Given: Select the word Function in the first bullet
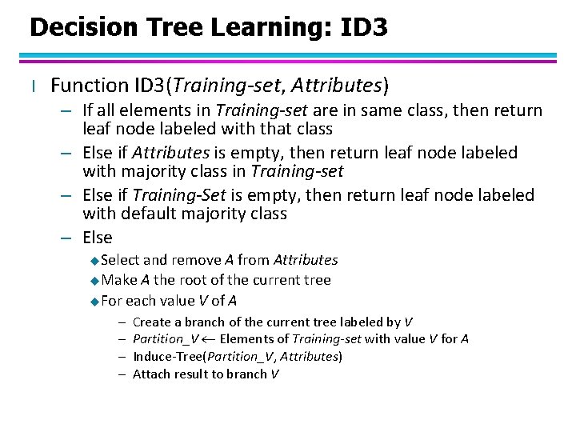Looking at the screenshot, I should (89, 85).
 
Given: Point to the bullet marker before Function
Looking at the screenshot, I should (33, 86).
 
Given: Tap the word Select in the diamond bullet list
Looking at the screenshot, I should (120, 260).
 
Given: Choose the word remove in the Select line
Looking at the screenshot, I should (194, 260).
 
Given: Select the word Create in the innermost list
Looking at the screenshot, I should (150, 322).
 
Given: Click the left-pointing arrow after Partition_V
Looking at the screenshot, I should (206, 339).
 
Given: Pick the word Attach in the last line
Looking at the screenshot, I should (150, 374).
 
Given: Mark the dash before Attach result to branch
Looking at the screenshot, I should (119, 374).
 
